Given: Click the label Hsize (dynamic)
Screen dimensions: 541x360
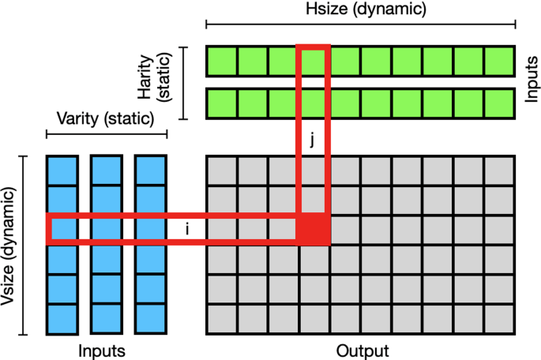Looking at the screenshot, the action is (366, 9).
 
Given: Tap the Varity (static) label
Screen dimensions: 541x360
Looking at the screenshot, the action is (106, 118).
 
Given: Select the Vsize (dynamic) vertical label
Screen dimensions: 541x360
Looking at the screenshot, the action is (9, 246).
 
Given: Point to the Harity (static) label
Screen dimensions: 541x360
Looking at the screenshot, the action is (154, 77).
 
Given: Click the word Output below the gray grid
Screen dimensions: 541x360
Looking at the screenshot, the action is (363, 351).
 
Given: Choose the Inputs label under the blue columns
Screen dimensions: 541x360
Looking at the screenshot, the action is (102, 351).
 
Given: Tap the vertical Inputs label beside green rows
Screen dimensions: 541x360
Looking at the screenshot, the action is (532, 79).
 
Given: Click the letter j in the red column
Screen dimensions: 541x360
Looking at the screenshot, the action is (312, 140).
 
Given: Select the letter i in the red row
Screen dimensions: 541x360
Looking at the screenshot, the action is (187, 229).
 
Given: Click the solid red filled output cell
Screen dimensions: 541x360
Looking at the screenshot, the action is (314, 229).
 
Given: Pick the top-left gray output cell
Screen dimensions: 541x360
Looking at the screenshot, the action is (221, 171).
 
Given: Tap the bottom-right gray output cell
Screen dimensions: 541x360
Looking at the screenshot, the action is (500, 319).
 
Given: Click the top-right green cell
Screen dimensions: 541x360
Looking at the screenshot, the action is (500, 61).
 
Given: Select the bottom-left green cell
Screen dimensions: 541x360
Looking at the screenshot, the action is (221, 103).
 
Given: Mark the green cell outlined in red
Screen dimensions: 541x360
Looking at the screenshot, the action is (314, 61).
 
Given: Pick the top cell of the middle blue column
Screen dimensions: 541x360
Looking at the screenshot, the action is (107, 171).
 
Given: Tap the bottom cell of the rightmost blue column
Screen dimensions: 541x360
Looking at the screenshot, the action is (151, 319).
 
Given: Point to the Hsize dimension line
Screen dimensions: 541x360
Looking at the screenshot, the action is (361, 24).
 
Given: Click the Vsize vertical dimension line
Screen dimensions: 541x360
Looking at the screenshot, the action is (23, 246).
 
